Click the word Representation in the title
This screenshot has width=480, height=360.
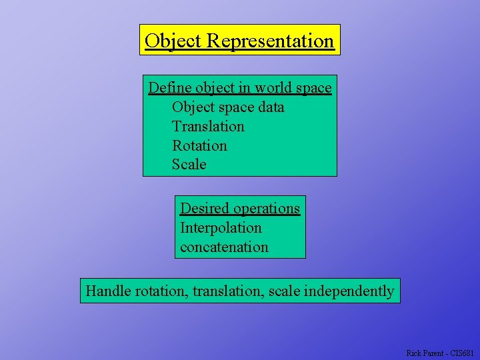[270, 41]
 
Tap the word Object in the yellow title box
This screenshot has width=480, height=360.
[173, 41]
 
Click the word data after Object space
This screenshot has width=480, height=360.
[270, 107]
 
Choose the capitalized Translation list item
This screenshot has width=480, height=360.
[208, 127]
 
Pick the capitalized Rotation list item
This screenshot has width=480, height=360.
[199, 145]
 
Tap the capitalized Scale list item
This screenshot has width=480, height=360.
[189, 165]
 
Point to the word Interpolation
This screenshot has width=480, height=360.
[221, 228]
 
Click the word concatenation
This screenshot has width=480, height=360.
[224, 247]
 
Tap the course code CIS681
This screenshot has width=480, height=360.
[463, 353]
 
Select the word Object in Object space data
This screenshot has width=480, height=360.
[193, 107]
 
